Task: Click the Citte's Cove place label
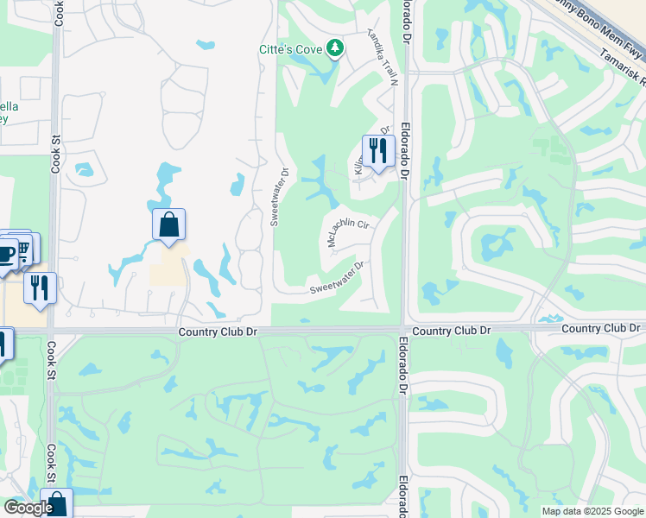click(290, 49)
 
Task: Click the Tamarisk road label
click(624, 67)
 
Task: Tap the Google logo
click(28, 509)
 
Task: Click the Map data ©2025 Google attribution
click(592, 511)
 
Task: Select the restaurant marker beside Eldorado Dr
click(377, 151)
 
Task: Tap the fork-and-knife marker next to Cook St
click(39, 287)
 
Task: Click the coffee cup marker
click(5, 253)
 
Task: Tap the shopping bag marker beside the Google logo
click(57, 504)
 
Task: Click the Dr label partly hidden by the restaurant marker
click(385, 130)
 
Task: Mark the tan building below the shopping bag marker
click(168, 268)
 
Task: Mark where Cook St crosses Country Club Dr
click(53, 330)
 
